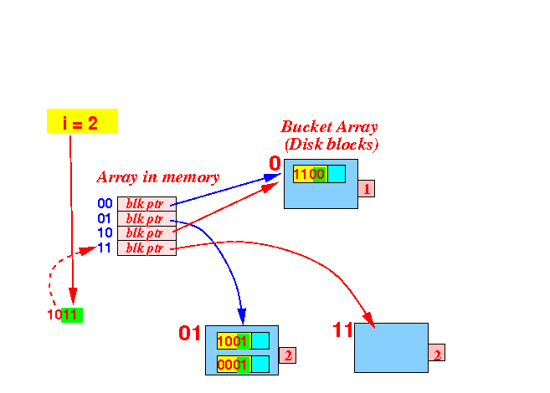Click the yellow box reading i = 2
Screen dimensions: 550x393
point(82,121)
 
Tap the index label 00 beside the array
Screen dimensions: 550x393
point(105,203)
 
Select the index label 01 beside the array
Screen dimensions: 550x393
point(104,218)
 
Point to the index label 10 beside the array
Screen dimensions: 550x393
point(105,233)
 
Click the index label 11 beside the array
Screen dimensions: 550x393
point(104,248)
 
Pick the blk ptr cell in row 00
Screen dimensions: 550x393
point(146,204)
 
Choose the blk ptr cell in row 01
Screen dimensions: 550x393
point(146,218)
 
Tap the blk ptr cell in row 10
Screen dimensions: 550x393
point(146,233)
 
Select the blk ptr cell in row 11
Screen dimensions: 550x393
point(146,248)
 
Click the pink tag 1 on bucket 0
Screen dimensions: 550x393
point(366,188)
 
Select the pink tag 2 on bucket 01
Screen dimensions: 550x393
point(288,355)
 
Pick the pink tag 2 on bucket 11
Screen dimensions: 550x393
point(437,352)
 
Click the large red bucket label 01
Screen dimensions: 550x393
point(190,333)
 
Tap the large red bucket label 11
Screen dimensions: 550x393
point(342,330)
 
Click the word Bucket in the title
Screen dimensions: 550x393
point(306,127)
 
